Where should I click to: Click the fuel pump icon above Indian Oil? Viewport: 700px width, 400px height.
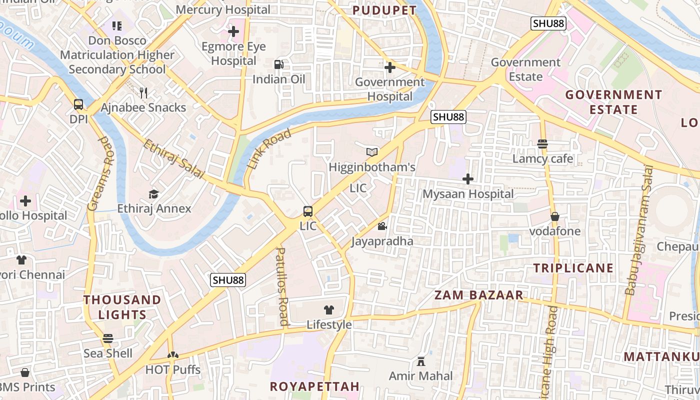click(x=278, y=64)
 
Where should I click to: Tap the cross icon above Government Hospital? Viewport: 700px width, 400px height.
click(x=390, y=67)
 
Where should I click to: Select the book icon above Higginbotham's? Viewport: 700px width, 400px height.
click(x=372, y=152)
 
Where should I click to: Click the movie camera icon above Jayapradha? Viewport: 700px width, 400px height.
click(x=382, y=226)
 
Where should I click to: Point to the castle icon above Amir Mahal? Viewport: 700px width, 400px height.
click(x=421, y=361)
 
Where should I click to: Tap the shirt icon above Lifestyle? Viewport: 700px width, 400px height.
click(x=329, y=310)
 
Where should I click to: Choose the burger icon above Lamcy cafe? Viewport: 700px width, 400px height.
click(x=542, y=144)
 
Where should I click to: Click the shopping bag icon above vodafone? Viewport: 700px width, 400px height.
click(x=555, y=216)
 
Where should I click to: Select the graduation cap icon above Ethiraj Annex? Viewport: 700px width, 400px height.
click(x=154, y=194)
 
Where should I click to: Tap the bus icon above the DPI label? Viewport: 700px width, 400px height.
click(x=78, y=104)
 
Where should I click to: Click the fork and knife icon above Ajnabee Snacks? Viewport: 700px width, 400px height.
click(x=143, y=92)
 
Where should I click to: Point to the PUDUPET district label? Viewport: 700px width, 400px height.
click(x=384, y=10)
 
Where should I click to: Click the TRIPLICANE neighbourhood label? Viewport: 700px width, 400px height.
click(x=573, y=268)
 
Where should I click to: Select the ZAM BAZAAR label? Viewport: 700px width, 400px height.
click(x=478, y=295)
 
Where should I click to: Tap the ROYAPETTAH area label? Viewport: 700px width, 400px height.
click(x=314, y=386)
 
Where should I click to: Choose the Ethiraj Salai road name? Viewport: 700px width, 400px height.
click(x=174, y=159)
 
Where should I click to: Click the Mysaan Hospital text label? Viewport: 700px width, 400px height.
click(x=468, y=194)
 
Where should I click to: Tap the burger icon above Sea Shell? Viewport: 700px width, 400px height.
click(x=108, y=338)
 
